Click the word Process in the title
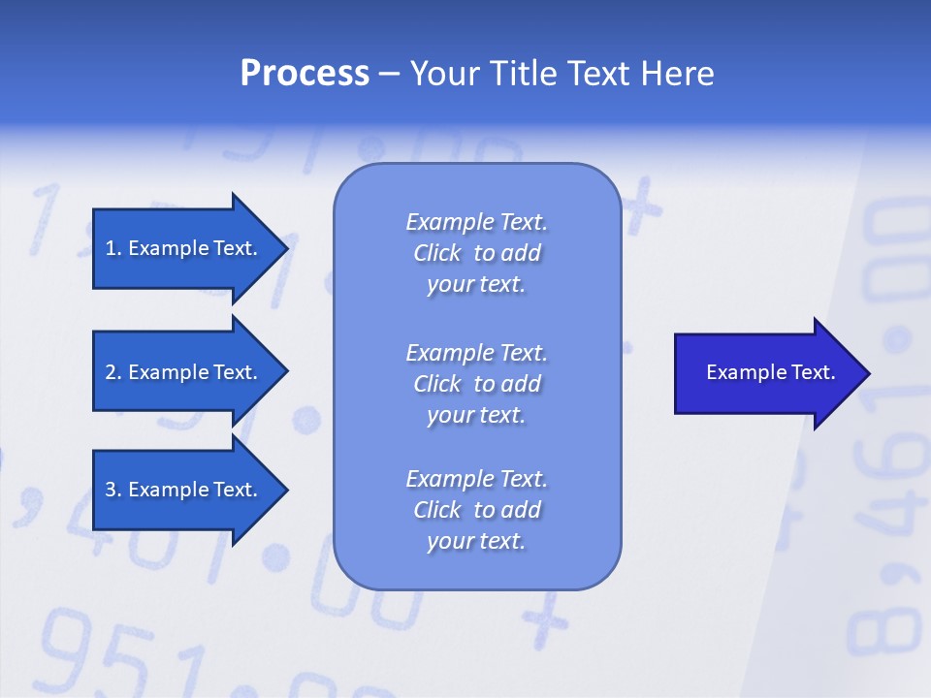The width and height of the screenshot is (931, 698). click(x=305, y=74)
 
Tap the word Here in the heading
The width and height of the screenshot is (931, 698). click(x=677, y=74)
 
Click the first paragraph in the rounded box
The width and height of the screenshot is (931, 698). click(x=476, y=253)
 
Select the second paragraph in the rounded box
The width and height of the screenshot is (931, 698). click(x=476, y=384)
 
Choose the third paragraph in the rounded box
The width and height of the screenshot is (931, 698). click(x=476, y=510)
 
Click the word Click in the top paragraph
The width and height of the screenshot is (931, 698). click(x=437, y=253)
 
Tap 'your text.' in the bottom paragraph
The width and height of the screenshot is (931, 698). click(x=476, y=541)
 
